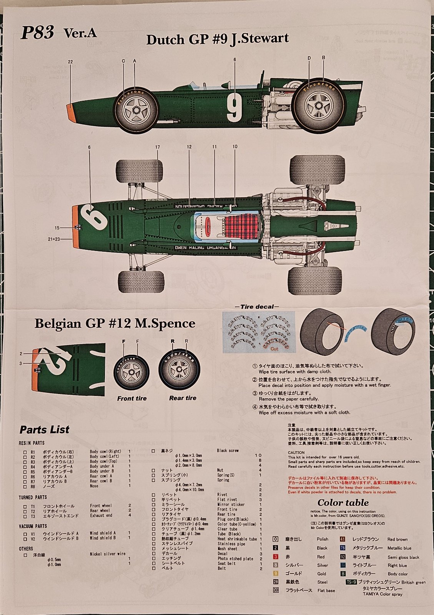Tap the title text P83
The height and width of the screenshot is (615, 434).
[37, 33]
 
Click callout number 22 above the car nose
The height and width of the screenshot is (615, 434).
[70, 62]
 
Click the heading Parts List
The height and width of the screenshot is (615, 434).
[45, 430]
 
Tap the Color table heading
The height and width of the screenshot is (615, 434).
[343, 503]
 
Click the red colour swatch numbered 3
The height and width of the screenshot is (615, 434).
[276, 557]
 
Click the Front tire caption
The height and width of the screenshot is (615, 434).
[132, 399]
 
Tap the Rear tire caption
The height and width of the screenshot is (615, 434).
[183, 398]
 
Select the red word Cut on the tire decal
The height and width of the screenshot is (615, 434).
[274, 349]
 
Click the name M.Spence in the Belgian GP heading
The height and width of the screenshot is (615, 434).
[165, 324]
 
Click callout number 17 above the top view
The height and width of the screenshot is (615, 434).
[158, 147]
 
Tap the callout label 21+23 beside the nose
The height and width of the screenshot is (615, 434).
[54, 239]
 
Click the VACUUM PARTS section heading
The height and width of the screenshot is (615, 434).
[33, 526]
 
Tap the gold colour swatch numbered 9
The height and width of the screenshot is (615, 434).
[276, 573]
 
